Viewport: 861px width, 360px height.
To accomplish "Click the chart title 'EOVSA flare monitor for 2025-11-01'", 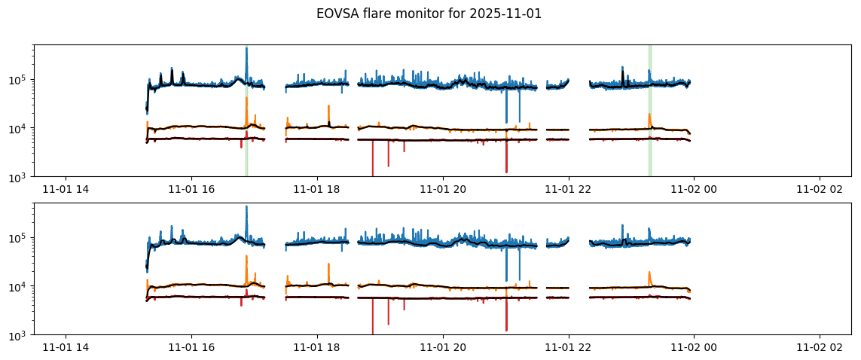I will click(429, 14).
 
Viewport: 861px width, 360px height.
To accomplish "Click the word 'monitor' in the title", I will click(408, 14).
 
